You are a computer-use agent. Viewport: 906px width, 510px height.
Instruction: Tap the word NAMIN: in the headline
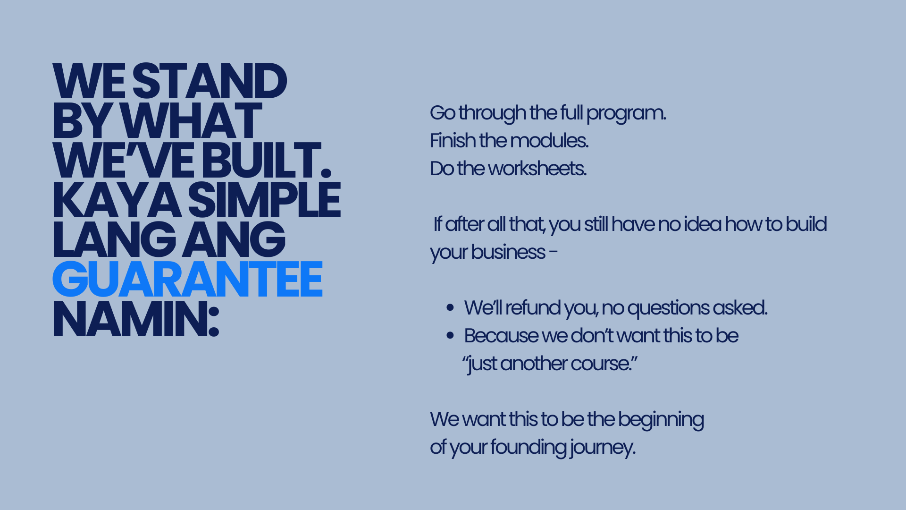136,319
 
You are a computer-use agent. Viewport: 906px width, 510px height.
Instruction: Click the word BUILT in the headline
267,160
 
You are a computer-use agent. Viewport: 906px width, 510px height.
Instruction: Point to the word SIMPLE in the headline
264,200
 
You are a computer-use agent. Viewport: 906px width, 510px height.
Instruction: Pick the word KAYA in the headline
117,200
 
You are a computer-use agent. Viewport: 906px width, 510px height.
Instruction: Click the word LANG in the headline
114,239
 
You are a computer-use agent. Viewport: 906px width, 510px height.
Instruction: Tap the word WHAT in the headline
191,120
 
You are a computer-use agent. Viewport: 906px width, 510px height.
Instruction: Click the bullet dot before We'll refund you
450,308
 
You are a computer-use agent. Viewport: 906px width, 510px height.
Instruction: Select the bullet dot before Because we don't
450,336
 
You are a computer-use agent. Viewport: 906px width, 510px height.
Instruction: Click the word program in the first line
626,114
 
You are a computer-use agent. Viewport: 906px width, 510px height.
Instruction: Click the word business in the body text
508,252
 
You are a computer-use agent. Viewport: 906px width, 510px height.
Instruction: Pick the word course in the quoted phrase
601,363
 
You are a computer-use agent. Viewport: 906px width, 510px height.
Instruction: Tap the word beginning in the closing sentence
661,420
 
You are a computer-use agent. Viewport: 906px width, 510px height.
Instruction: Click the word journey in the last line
603,448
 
